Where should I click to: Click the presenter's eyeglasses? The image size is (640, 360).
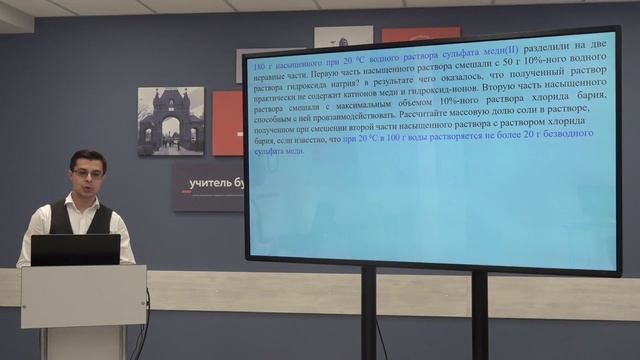click(x=88, y=173)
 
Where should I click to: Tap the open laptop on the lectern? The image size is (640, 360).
click(x=75, y=249)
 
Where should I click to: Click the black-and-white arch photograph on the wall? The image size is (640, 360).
click(x=170, y=120)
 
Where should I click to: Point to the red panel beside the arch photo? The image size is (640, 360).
click(x=228, y=122)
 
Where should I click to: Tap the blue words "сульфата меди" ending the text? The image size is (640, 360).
click(x=280, y=153)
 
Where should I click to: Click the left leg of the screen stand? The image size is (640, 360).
click(x=368, y=315)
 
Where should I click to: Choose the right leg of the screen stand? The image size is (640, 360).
click(x=479, y=315)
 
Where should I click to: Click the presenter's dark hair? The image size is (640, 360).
click(x=87, y=158)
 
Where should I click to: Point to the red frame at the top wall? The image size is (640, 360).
click(x=420, y=34)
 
